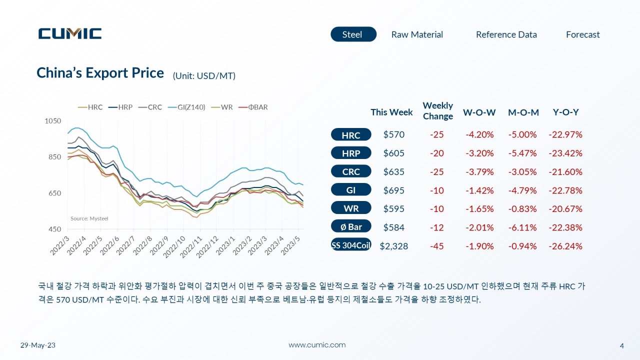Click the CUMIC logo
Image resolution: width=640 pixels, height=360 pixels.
[x=70, y=33]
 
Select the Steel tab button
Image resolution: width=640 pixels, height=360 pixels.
[x=353, y=34]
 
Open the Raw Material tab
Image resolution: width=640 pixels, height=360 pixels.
[x=417, y=34]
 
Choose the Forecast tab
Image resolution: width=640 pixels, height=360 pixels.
[x=582, y=34]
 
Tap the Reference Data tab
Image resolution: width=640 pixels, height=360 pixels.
[x=506, y=34]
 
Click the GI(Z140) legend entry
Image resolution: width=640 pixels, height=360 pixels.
[x=186, y=107]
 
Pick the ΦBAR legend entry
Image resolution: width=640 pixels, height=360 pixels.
[x=253, y=107]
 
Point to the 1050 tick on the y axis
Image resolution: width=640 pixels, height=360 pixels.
[x=53, y=121]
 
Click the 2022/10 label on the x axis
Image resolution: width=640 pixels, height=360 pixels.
[x=174, y=247]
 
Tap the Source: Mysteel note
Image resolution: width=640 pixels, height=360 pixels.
[x=89, y=218]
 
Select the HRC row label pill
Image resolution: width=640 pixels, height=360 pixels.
[x=351, y=134]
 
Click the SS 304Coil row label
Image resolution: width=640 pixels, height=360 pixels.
[x=351, y=245]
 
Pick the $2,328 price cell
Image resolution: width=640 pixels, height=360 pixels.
[x=393, y=246]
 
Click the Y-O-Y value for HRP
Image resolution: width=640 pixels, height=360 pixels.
[x=565, y=153]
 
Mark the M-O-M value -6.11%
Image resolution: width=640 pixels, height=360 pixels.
[x=522, y=227]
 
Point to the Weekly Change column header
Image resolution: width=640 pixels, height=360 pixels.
[x=437, y=111]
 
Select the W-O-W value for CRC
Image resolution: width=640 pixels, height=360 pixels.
[x=479, y=171]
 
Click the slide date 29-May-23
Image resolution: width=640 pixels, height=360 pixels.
[x=37, y=345]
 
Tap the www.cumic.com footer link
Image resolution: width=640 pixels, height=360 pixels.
[x=317, y=345]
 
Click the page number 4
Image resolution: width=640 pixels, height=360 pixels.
[x=621, y=345]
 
